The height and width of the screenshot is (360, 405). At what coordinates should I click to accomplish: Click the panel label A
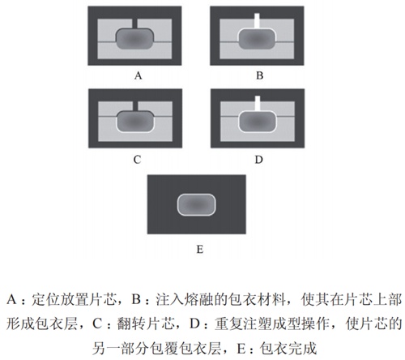click(138, 75)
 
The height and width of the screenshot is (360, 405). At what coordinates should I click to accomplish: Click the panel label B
click(259, 75)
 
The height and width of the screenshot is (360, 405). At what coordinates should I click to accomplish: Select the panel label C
click(137, 160)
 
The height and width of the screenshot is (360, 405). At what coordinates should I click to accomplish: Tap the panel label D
click(258, 160)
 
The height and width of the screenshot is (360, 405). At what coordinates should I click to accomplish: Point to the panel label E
click(200, 249)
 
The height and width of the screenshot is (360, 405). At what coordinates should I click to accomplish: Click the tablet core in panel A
click(134, 39)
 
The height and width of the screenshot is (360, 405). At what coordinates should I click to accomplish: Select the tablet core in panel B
click(257, 39)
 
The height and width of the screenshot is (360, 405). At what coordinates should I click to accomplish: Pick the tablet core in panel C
click(135, 122)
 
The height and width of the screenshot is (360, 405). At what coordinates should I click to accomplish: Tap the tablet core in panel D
click(258, 122)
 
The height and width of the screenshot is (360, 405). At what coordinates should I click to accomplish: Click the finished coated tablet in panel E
click(196, 204)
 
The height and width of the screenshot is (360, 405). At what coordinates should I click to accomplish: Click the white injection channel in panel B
click(257, 20)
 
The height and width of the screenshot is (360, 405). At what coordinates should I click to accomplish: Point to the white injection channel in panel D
click(258, 103)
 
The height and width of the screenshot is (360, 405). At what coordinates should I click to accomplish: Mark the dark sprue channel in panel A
click(134, 24)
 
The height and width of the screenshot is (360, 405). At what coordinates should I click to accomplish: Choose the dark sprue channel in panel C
click(135, 106)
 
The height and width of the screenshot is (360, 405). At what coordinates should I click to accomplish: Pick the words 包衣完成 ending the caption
click(288, 348)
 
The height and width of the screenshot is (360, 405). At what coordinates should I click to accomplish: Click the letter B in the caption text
click(136, 299)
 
